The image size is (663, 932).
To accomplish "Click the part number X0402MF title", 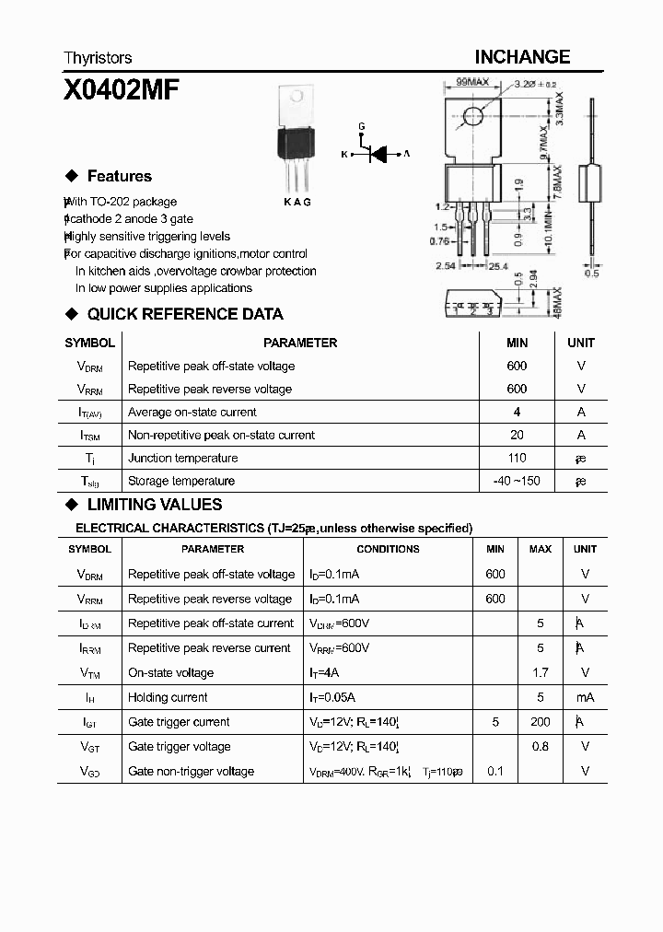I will click(121, 90).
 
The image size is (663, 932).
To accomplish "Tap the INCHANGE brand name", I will click(522, 57).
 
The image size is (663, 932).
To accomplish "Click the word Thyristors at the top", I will click(98, 58).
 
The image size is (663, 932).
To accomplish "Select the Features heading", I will click(119, 176).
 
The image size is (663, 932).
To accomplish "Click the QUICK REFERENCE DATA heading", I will click(184, 314).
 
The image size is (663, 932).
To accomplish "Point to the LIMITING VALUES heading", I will click(154, 505).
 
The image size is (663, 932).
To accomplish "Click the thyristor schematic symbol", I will click(378, 154).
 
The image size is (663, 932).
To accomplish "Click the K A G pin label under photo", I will click(297, 202).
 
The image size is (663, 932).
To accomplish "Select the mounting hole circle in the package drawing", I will click(473, 117).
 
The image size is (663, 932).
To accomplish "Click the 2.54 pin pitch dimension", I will click(447, 266).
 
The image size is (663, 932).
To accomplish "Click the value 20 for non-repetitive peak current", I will click(517, 436).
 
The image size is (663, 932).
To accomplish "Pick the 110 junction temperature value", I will click(517, 459).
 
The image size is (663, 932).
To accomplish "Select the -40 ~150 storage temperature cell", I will click(517, 481).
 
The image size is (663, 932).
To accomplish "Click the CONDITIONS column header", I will click(388, 549).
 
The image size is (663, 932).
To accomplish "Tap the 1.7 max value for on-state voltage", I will click(541, 673).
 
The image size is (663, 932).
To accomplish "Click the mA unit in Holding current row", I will click(585, 698).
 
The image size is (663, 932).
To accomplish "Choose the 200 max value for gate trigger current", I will click(541, 722).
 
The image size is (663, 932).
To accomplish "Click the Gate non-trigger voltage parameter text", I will click(191, 772).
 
